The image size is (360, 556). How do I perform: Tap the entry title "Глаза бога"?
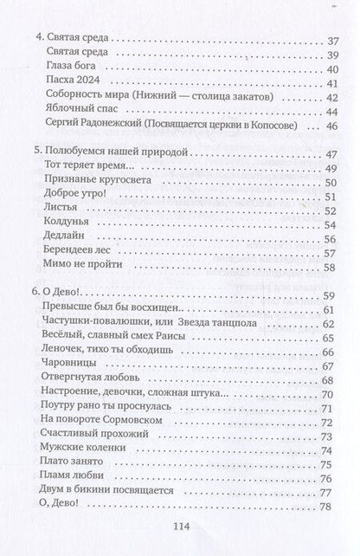click(67, 66)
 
